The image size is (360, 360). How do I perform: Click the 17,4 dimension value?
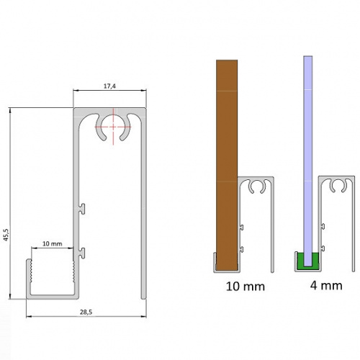(110, 86)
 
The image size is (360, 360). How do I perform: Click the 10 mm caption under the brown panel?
(245, 286)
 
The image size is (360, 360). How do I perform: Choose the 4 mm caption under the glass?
(325, 286)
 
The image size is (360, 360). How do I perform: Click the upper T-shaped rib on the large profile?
(83, 209)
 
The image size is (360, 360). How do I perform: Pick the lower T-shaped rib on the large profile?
(83, 251)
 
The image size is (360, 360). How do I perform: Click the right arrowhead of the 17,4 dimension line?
(146, 92)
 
